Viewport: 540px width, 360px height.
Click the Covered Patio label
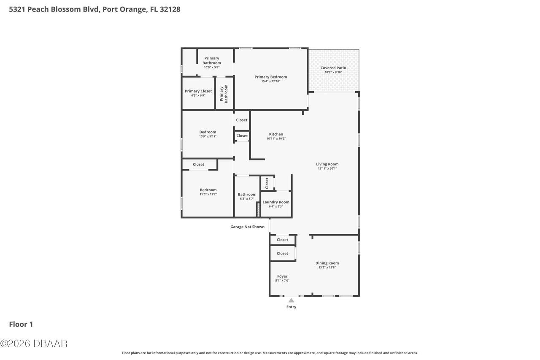(x=333, y=68)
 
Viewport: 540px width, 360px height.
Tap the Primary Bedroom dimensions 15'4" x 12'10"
(x=270, y=81)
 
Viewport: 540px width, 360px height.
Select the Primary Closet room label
(x=198, y=91)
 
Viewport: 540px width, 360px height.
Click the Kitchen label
(x=276, y=134)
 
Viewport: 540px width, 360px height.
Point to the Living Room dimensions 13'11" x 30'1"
(x=327, y=168)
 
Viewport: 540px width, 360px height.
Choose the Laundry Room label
(x=276, y=202)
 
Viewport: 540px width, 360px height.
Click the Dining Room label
(x=327, y=263)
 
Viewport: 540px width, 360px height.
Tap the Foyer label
(x=282, y=276)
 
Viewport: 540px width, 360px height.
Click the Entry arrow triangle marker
(x=291, y=300)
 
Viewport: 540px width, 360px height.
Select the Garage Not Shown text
(x=247, y=227)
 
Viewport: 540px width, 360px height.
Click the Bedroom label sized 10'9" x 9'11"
(x=208, y=132)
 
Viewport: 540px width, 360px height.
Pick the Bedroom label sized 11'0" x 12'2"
(x=208, y=190)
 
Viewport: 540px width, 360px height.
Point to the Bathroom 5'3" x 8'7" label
(x=247, y=195)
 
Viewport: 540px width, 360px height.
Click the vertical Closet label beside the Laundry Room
(x=267, y=183)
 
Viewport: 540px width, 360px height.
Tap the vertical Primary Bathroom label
(x=223, y=94)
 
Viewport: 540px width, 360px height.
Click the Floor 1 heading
(x=21, y=324)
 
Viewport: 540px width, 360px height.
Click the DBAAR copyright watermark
(x=34, y=344)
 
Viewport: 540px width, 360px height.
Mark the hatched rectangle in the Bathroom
(x=258, y=209)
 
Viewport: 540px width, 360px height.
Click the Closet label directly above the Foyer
(x=282, y=254)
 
